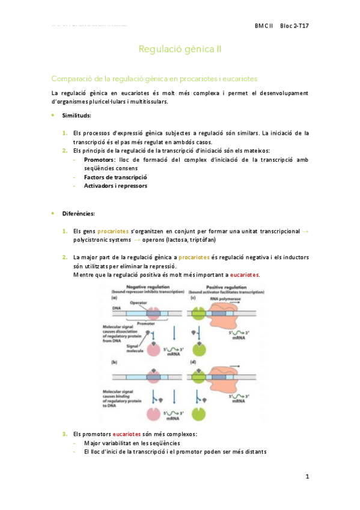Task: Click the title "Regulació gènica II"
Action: tap(180, 49)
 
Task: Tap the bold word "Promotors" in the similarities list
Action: tap(100, 159)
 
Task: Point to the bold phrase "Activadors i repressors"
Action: tap(115, 186)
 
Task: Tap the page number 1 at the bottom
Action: tap(307, 477)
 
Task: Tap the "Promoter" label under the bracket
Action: tap(146, 323)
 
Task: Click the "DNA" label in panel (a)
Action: tap(108, 308)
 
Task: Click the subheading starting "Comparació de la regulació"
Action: tap(154, 79)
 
